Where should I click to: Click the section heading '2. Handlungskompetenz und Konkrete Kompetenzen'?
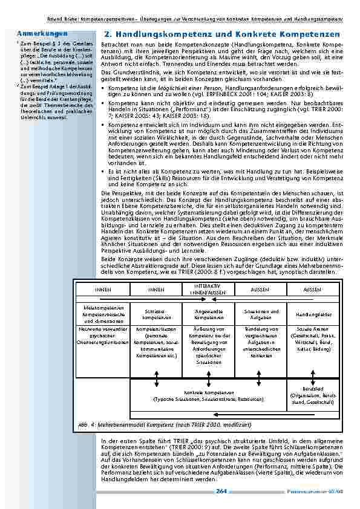[x=222, y=35]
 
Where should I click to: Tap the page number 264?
[x=221, y=492]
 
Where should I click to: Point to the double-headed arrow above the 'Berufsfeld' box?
[x=309, y=376]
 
